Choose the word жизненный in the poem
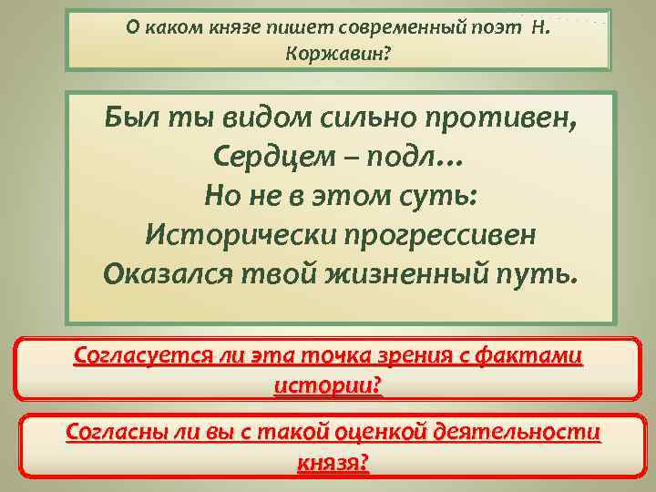pyautogui.click(x=407, y=273)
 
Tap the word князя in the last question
pyautogui.click(x=333, y=462)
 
